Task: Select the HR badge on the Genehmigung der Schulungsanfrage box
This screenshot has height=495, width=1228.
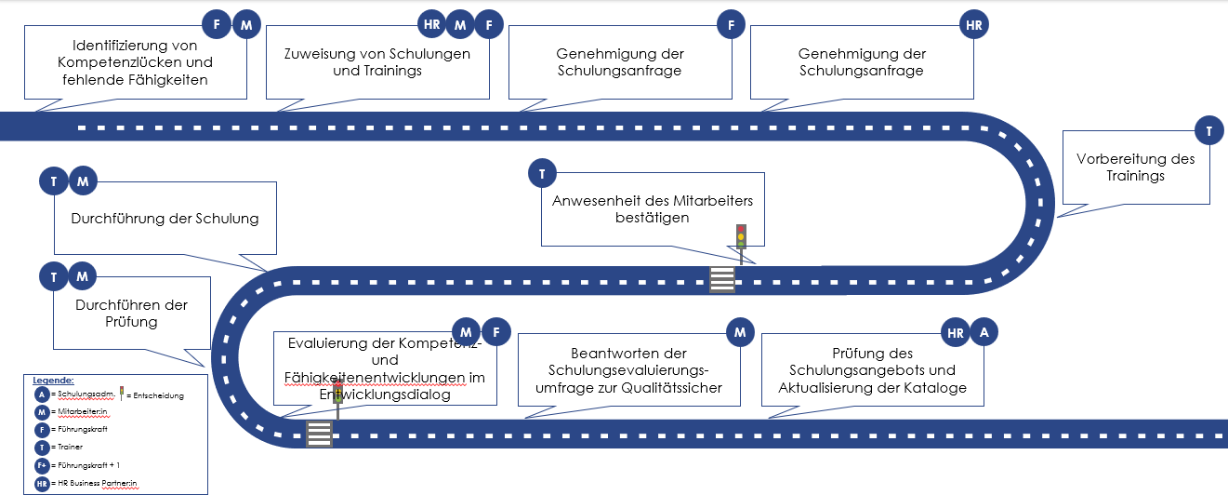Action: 973,25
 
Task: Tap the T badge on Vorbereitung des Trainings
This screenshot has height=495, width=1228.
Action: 1208,131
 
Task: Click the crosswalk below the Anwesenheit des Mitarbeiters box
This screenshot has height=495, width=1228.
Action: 722,279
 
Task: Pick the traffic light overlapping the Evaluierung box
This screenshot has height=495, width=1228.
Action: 337,398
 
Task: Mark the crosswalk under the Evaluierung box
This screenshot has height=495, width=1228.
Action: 319,434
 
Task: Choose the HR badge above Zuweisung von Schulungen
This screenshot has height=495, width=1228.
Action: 431,25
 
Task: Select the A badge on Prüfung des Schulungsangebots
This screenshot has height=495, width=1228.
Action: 984,331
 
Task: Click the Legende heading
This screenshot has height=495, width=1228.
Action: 53,381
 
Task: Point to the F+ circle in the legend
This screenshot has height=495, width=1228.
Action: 41,464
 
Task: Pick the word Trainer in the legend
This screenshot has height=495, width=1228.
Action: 69,448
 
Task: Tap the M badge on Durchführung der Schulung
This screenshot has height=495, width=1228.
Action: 83,181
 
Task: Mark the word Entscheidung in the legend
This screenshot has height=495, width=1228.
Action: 159,395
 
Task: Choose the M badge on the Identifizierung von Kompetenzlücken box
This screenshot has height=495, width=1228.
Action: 245,25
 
